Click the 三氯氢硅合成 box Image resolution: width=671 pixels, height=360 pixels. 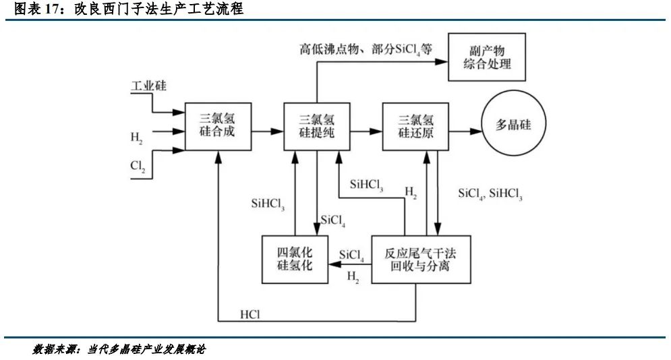(x=217, y=126)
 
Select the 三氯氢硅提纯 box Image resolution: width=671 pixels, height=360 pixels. (x=316, y=126)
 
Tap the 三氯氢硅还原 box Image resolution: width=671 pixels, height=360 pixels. (x=415, y=126)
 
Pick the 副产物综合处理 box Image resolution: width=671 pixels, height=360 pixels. (x=487, y=57)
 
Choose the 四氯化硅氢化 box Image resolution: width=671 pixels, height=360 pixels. (x=294, y=259)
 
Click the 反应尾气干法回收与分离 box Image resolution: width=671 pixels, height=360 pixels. (x=420, y=259)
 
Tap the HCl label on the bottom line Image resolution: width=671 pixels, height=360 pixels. (x=250, y=314)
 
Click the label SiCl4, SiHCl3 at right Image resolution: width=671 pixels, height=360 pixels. (x=490, y=194)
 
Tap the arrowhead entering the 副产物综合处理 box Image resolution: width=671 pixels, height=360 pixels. (x=443, y=61)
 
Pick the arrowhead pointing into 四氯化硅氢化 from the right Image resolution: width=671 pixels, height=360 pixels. (x=332, y=265)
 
